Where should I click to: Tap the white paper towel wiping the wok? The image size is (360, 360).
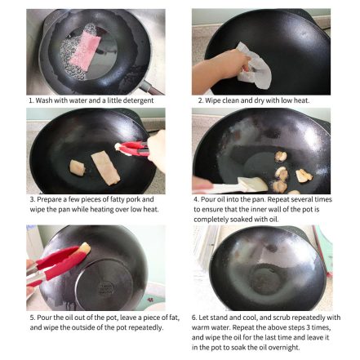(x=254, y=67)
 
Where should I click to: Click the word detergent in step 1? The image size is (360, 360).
(x=138, y=100)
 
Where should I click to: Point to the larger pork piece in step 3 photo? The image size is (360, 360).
(x=105, y=169)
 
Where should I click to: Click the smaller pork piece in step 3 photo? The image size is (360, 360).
(x=78, y=167)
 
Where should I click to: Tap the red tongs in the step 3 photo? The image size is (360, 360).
(x=133, y=149)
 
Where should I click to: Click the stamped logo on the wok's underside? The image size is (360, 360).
(x=105, y=288)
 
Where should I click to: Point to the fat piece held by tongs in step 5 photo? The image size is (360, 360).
(x=84, y=248)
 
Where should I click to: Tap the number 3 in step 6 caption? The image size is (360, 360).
(x=308, y=327)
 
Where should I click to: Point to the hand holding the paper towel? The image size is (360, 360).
(x=219, y=67)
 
